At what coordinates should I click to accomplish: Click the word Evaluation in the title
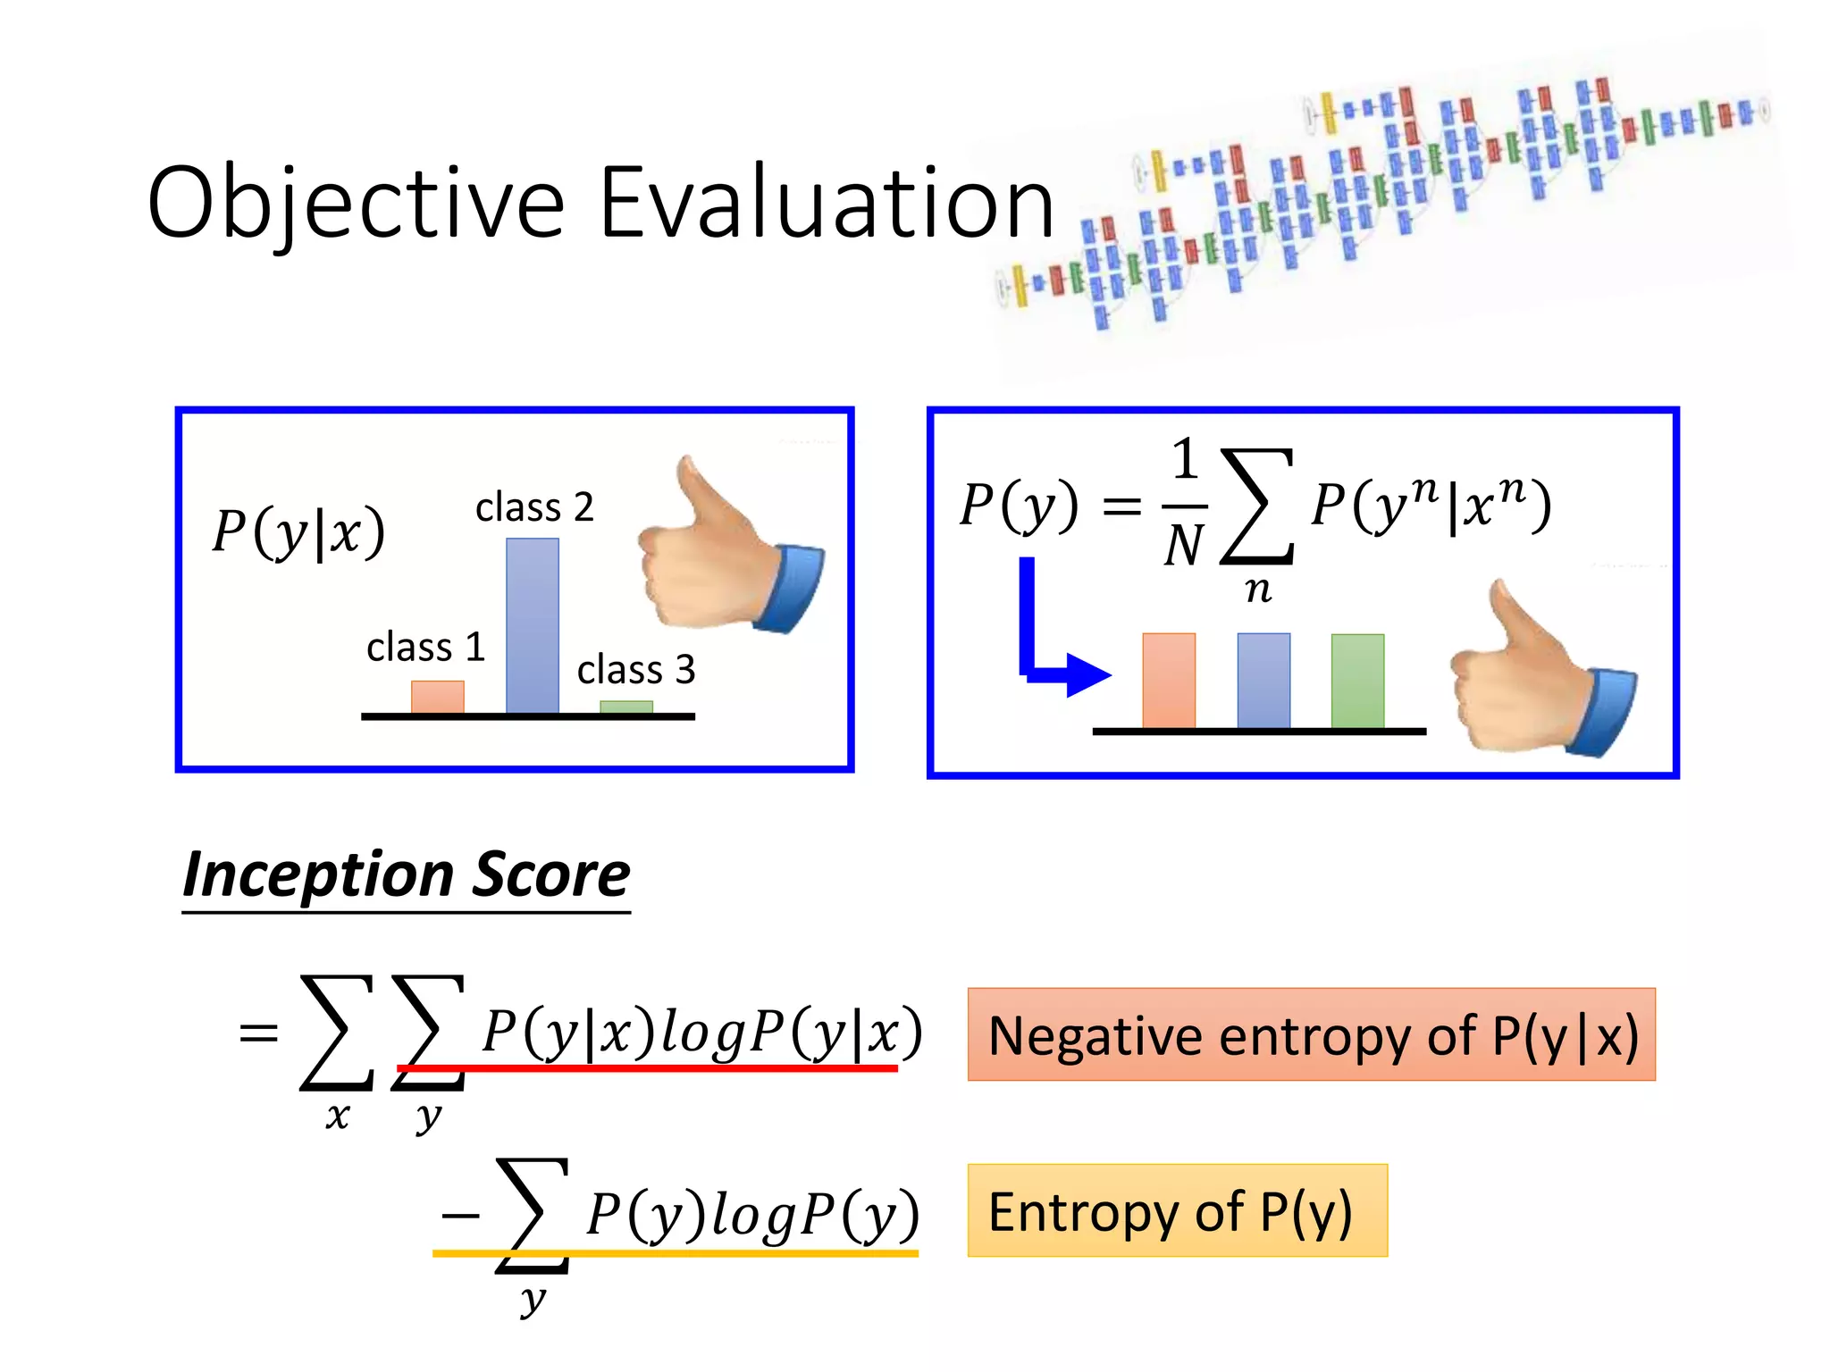[827, 204]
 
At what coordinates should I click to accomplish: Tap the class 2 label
[534, 507]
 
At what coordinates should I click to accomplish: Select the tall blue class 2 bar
[533, 625]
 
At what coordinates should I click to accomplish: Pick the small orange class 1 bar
[437, 697]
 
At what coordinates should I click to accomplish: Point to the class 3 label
[635, 670]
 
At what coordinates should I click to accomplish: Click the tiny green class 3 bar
[625, 707]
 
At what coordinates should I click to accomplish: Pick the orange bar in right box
[1169, 681]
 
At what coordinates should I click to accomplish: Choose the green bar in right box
[1357, 681]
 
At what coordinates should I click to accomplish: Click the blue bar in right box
[1263, 681]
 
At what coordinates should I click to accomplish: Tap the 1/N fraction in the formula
[1185, 505]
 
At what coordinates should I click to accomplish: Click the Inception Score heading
[407, 875]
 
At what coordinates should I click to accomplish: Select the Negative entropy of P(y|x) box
[1311, 1034]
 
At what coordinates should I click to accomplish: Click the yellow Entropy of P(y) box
[1177, 1210]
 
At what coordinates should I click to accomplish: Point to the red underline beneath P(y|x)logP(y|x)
[648, 1068]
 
